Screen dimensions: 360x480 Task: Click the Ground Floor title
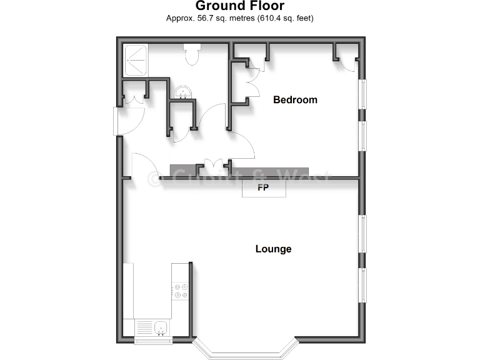point(240,6)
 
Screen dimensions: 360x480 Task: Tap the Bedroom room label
point(295,100)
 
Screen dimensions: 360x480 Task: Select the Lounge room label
point(273,249)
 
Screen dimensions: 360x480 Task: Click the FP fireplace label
point(263,187)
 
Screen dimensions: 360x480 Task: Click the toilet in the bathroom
point(192,55)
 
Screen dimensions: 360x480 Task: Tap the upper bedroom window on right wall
point(361,94)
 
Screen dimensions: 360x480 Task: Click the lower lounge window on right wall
point(361,285)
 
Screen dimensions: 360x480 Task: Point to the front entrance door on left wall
point(118,121)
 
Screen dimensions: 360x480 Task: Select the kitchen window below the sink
point(153,341)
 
